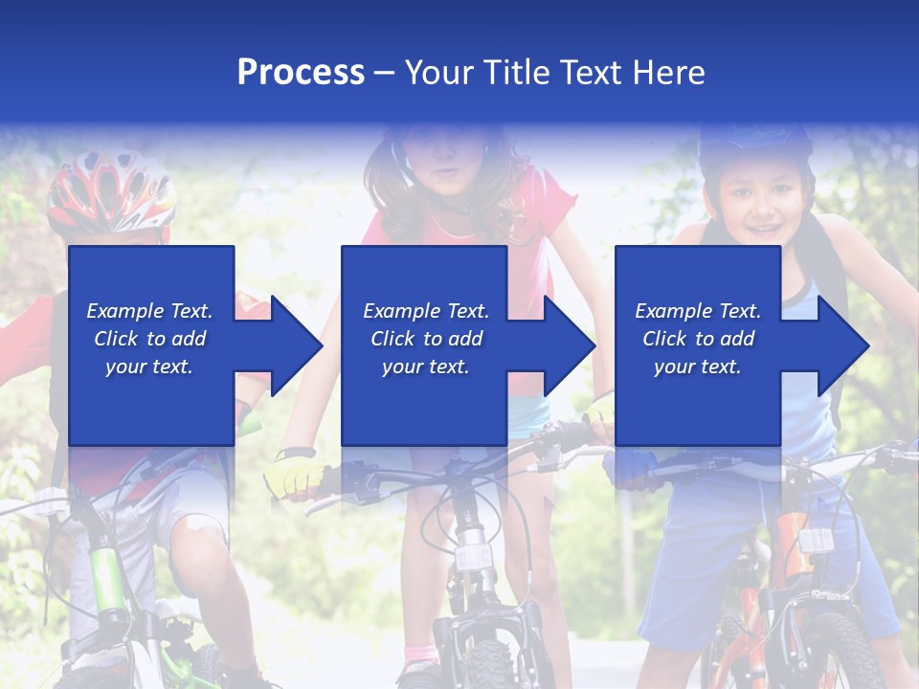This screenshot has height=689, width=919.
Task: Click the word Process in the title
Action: click(x=301, y=72)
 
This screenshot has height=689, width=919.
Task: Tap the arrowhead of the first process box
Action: click(x=292, y=345)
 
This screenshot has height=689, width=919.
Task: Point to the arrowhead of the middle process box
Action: click(x=566, y=345)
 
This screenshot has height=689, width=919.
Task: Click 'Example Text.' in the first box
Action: click(x=149, y=311)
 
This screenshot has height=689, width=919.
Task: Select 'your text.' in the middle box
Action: click(x=425, y=367)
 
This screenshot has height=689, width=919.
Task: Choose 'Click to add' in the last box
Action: click(x=698, y=339)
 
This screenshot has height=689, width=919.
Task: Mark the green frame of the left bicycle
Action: click(x=110, y=574)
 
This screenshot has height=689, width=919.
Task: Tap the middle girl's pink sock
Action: click(x=421, y=656)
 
